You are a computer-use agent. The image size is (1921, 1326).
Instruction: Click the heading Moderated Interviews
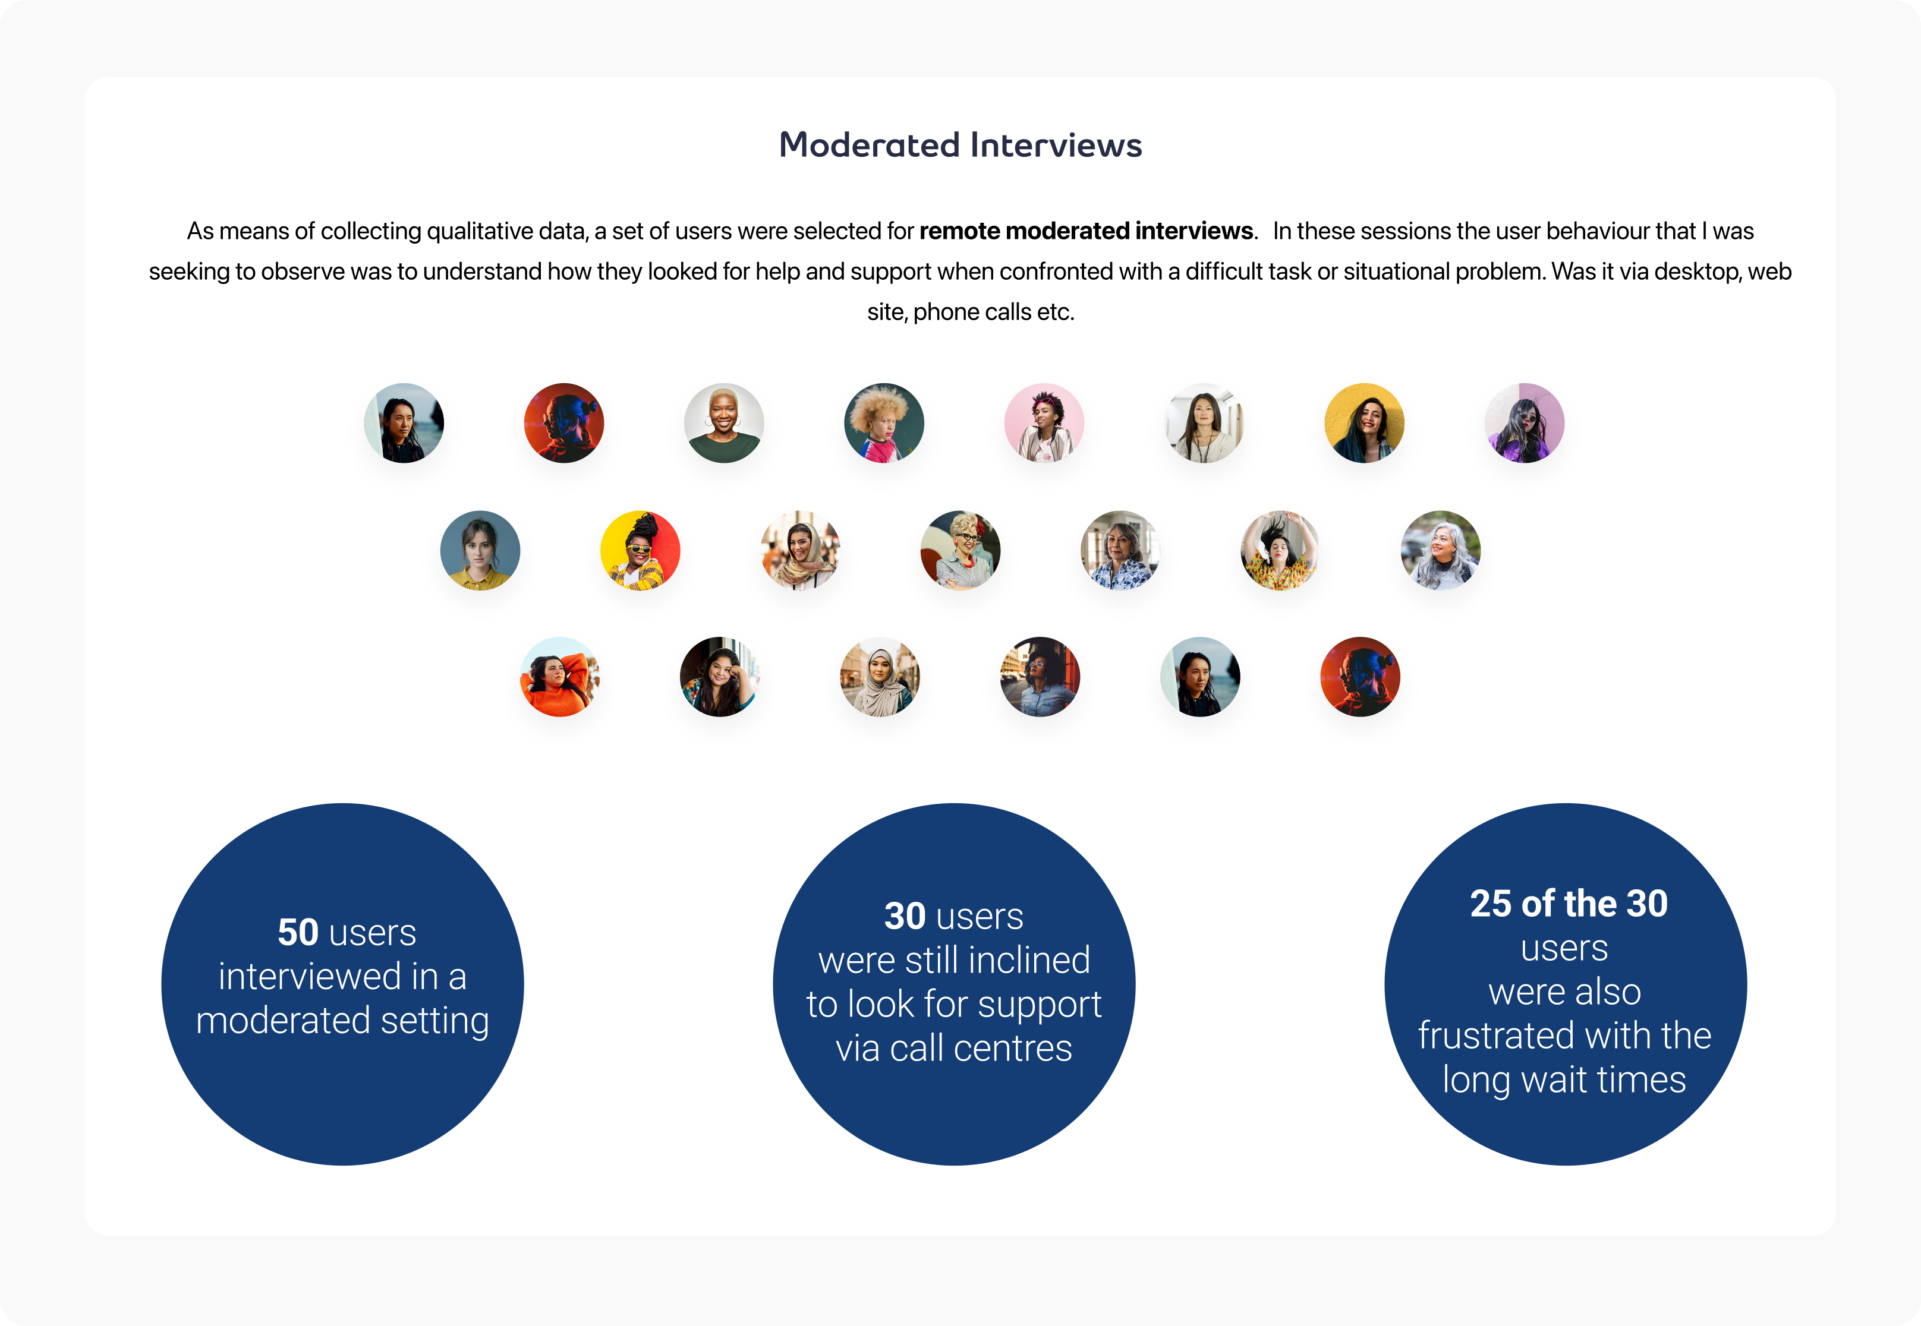tap(960, 146)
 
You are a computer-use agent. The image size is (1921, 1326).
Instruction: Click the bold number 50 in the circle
tap(298, 932)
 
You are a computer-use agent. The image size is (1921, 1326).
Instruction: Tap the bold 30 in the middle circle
tap(905, 917)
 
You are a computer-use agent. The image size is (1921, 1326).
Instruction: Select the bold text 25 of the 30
tap(1569, 904)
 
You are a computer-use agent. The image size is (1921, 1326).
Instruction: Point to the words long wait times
tap(1564, 1080)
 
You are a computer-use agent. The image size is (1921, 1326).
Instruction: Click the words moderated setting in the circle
tap(342, 1021)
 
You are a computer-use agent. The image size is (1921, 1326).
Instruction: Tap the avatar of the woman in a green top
tap(724, 423)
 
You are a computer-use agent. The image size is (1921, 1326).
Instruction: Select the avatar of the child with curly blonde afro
tap(884, 423)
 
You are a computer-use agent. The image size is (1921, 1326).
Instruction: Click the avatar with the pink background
tap(1044, 423)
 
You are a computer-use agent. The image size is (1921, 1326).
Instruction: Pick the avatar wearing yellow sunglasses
tap(640, 550)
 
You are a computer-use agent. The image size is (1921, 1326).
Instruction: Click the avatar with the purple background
tap(1525, 423)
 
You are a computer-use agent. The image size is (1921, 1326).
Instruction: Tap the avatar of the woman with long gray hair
tap(1441, 550)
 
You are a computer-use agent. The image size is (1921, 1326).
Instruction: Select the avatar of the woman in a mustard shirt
tap(480, 550)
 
